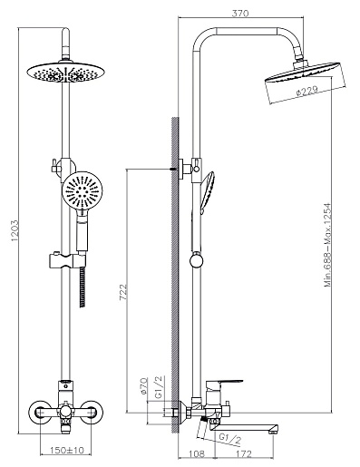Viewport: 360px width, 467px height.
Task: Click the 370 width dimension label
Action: point(240,14)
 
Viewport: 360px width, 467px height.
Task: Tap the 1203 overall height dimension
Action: point(15,230)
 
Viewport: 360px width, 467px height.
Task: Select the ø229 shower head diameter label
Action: point(306,91)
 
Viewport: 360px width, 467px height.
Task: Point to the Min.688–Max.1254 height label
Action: point(328,245)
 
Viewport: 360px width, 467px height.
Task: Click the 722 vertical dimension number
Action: point(123,292)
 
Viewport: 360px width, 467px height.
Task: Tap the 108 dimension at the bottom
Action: point(197,453)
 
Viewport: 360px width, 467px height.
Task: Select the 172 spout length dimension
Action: point(243,453)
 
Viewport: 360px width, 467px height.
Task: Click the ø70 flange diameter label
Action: point(144,385)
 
